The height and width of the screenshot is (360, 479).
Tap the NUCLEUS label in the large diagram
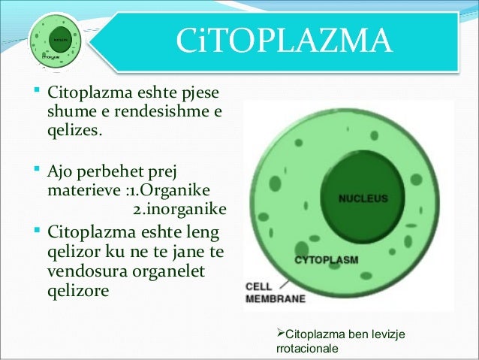pyautogui.click(x=363, y=199)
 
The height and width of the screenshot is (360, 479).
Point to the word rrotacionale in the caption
pyautogui.click(x=308, y=349)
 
